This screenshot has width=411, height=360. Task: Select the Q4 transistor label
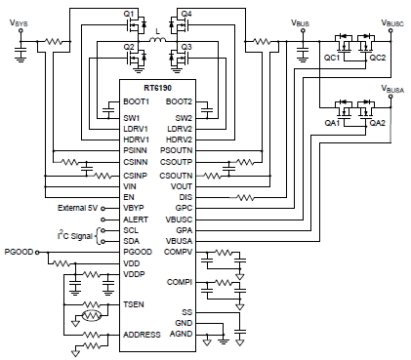pos(185,13)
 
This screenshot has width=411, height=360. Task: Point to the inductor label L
pos(158,33)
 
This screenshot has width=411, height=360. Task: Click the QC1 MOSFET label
pos(332,59)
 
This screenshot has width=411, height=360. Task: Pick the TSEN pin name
pos(133,305)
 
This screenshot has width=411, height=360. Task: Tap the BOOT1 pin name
pos(135,102)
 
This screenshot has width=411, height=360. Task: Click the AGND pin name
pos(183,335)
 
